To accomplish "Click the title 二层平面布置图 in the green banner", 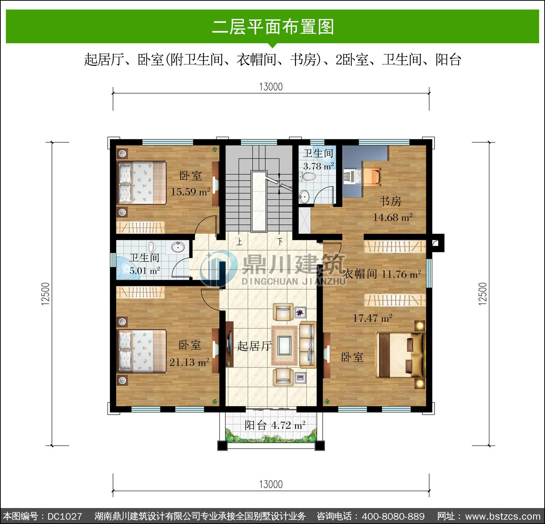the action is tap(272, 27).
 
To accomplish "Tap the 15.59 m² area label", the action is tap(191, 192).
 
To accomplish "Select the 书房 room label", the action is tap(390, 201).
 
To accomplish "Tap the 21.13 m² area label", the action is tap(189, 362).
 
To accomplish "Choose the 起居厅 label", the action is tap(254, 346).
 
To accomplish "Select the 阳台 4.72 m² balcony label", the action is tap(275, 425).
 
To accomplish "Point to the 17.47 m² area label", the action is tap(372, 318).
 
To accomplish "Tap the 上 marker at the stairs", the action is tap(239, 242).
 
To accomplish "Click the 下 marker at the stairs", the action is tap(280, 242).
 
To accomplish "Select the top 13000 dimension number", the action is tap(271, 87).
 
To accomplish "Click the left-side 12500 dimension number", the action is tap(45, 294).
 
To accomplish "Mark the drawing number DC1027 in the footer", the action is tap(65, 516).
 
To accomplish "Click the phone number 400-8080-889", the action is tap(393, 516).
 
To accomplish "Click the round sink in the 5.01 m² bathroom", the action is tap(178, 247).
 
